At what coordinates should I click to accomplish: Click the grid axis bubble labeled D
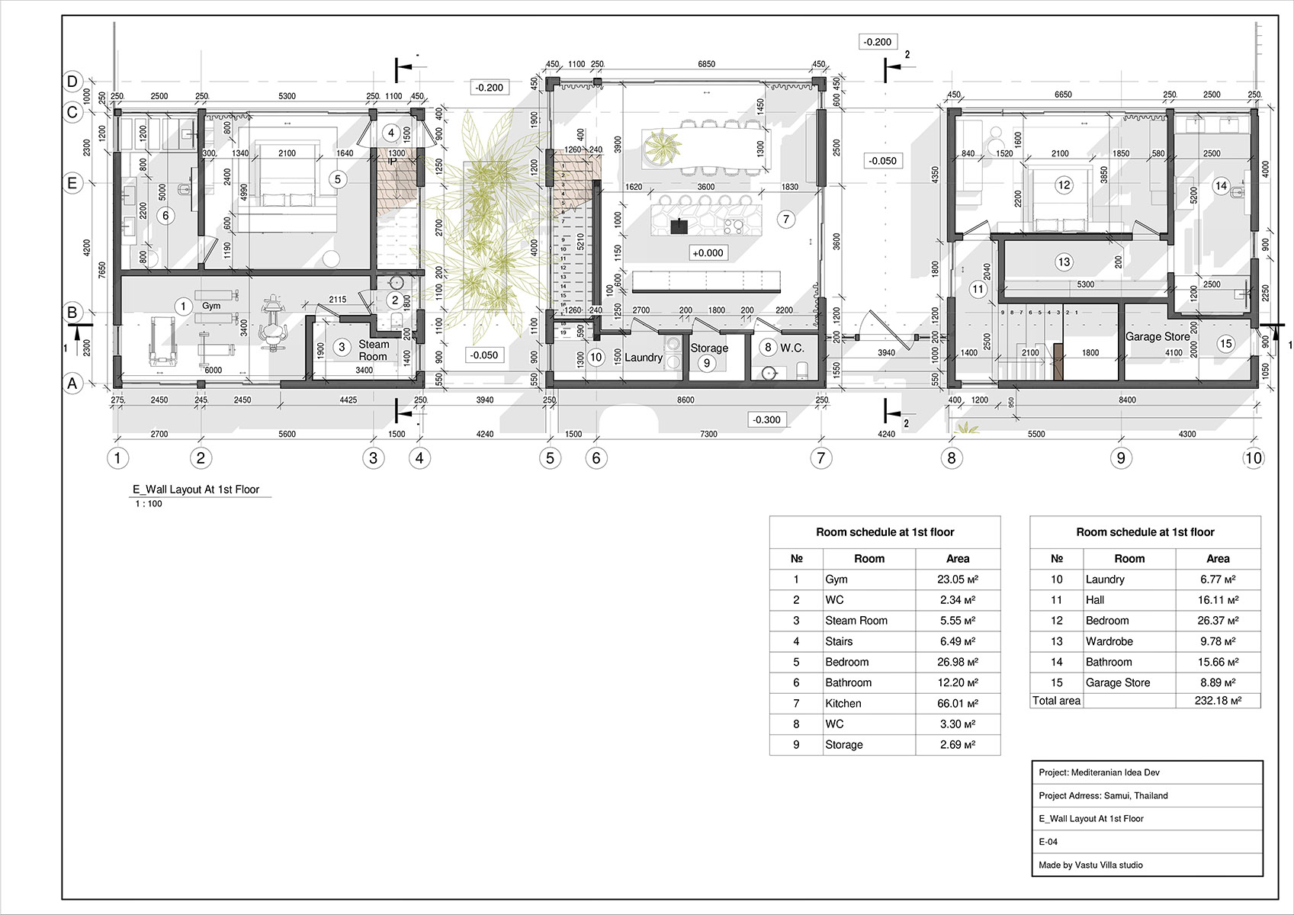[x=72, y=82]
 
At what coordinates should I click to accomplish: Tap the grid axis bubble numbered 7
[x=820, y=458]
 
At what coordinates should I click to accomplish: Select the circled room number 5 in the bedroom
[x=338, y=180]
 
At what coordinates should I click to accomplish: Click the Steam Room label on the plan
[x=374, y=351]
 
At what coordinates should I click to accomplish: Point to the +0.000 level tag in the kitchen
[x=708, y=253]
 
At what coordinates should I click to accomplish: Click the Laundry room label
[x=643, y=358]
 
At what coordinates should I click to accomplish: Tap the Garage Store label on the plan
[x=1157, y=337]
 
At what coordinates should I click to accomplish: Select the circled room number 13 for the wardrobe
[x=1064, y=262]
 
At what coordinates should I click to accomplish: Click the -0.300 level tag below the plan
[x=766, y=420]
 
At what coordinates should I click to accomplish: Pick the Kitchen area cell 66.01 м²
[x=957, y=704]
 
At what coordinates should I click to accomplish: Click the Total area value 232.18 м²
[x=1217, y=701]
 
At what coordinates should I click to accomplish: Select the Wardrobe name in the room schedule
[x=1109, y=642]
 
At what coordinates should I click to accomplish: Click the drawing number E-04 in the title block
[x=1048, y=842]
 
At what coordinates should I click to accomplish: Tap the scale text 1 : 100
[x=149, y=504]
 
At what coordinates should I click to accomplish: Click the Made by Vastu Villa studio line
[x=1090, y=865]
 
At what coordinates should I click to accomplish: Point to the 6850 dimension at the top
[x=706, y=64]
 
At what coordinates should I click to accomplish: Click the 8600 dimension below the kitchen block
[x=686, y=400]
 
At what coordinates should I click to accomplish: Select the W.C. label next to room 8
[x=791, y=348]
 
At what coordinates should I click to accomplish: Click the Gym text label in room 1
[x=211, y=306]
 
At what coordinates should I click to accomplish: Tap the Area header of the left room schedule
[x=957, y=559]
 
